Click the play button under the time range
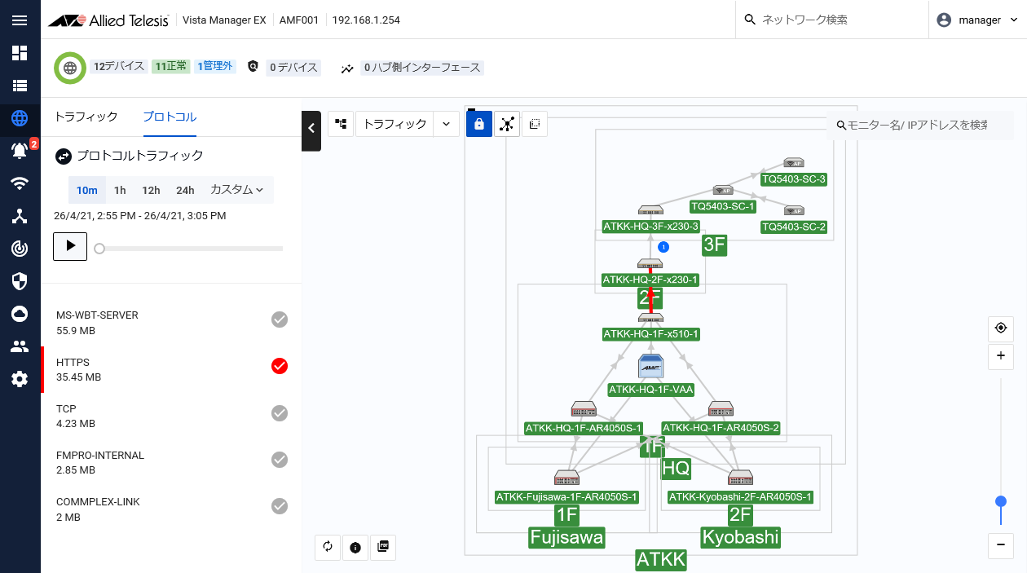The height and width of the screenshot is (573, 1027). tap(70, 247)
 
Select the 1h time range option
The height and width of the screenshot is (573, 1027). tap(120, 190)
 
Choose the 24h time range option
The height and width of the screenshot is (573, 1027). tap(185, 190)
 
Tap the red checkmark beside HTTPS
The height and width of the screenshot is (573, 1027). tap(280, 366)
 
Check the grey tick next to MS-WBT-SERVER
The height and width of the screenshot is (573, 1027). tap(280, 320)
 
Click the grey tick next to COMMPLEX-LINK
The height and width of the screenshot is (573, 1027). tap(280, 506)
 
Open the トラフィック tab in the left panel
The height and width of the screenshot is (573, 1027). tap(86, 117)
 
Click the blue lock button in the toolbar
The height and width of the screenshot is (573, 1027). tap(479, 124)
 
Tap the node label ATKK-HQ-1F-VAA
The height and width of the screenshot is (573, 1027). tap(650, 390)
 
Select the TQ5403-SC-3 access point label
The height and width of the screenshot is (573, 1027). tap(794, 179)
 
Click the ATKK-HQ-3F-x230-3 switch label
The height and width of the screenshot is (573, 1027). tap(650, 227)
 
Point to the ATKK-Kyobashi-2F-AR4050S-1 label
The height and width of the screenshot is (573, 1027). tap(740, 497)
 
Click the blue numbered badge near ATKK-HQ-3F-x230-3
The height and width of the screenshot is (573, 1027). tap(663, 247)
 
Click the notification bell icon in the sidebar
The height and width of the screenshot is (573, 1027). tap(20, 150)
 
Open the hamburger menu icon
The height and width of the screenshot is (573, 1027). tap(20, 20)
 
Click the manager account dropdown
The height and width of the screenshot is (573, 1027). tap(977, 20)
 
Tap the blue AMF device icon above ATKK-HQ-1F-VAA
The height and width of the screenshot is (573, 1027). tap(650, 366)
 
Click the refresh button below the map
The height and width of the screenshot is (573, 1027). tap(328, 547)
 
